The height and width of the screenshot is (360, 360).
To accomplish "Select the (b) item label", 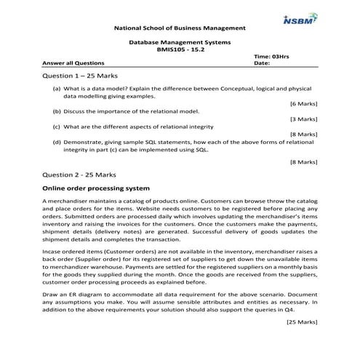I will tap(57, 111).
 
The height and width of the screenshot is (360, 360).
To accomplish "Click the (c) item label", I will tap(57, 127).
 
